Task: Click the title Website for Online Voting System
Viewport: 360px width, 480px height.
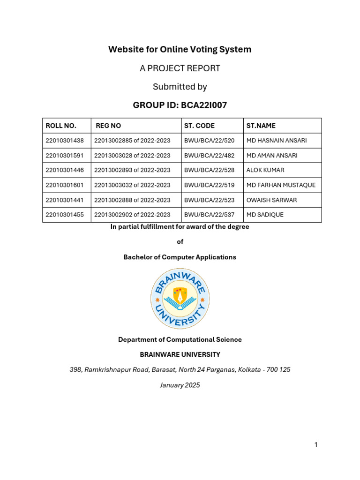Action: click(x=180, y=49)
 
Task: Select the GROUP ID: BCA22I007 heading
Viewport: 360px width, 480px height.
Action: click(x=180, y=105)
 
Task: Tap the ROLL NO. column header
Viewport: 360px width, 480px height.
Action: click(x=61, y=126)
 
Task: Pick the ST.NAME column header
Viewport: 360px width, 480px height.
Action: click(x=261, y=126)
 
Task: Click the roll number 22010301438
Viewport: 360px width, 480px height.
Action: click(x=65, y=140)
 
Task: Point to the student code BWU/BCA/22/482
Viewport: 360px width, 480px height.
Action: click(x=210, y=155)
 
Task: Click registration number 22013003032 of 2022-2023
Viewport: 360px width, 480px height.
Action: click(x=132, y=185)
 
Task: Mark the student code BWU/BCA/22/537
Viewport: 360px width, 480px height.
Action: click(x=210, y=215)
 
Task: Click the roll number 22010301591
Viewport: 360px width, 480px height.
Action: click(x=65, y=155)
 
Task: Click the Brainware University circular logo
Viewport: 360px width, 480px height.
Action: click(x=180, y=299)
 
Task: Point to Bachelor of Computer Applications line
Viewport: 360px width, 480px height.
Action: click(x=180, y=257)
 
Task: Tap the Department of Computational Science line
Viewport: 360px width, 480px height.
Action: click(x=180, y=339)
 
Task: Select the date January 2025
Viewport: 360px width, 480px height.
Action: click(x=180, y=385)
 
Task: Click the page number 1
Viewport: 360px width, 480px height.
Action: click(x=316, y=445)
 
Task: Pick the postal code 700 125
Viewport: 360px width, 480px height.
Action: click(x=279, y=369)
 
